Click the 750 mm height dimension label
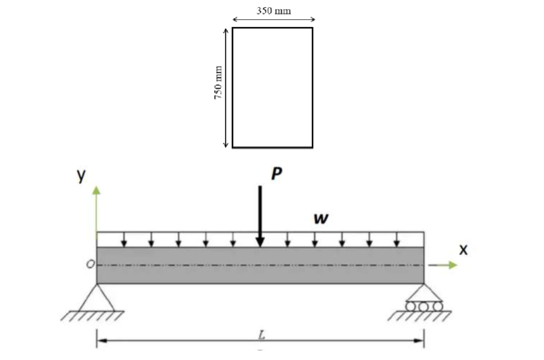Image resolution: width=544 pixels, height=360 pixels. click(218, 83)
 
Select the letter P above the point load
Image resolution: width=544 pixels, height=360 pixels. click(276, 174)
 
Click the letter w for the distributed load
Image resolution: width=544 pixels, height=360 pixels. click(320, 219)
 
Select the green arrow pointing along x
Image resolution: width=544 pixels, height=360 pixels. click(443, 265)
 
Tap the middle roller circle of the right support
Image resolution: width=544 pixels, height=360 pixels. click(423, 306)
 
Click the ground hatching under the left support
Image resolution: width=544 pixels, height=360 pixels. click(92, 316)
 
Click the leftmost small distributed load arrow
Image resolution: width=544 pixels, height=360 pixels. click(124, 240)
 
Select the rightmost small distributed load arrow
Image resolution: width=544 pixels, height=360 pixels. click(397, 240)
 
